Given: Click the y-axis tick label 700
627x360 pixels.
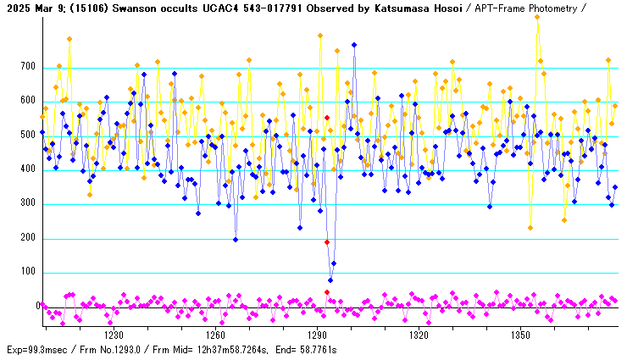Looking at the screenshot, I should pyautogui.click(x=27, y=67).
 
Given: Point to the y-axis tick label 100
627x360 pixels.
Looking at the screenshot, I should pyautogui.click(x=27, y=273).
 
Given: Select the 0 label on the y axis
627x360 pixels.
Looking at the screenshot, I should pyautogui.click(x=38, y=307).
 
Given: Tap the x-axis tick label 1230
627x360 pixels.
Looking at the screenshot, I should pyautogui.click(x=114, y=335).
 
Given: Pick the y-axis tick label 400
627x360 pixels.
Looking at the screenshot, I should pyautogui.click(x=27, y=169).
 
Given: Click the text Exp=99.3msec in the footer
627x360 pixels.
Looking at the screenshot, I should pyautogui.click(x=38, y=350).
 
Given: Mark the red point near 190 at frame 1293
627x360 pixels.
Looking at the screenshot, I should pyautogui.click(x=327, y=242).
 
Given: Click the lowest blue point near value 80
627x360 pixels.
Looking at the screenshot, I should pyautogui.click(x=330, y=280).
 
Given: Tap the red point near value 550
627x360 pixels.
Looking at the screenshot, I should pyautogui.click(x=327, y=118).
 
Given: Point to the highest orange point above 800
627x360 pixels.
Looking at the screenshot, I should pyautogui.click(x=537, y=16).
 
